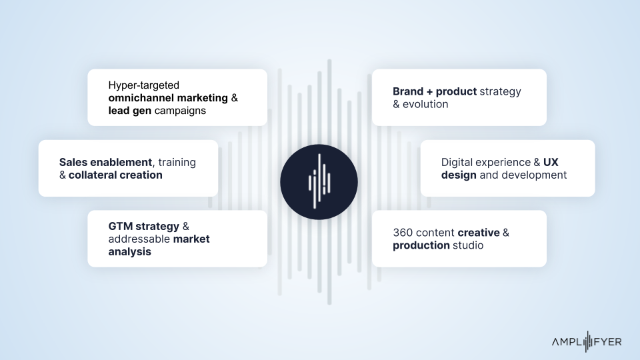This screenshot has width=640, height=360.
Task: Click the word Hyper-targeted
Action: (x=144, y=85)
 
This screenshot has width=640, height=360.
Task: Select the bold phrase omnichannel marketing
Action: (x=168, y=98)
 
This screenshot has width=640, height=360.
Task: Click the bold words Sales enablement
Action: (x=105, y=162)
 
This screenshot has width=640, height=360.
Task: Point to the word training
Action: (x=177, y=163)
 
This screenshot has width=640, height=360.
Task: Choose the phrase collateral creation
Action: (x=115, y=175)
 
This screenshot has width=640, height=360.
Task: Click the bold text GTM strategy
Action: (x=144, y=227)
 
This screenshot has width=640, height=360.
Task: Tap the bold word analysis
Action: (x=130, y=252)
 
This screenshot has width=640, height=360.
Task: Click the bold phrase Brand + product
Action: (x=435, y=91)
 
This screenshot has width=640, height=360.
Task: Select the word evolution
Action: (x=425, y=104)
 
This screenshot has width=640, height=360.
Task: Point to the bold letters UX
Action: (x=551, y=162)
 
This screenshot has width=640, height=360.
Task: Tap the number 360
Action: (x=403, y=233)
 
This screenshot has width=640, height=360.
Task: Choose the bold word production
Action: (x=421, y=245)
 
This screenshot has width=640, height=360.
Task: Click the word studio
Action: (x=468, y=245)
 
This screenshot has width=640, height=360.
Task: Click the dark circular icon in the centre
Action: (x=319, y=182)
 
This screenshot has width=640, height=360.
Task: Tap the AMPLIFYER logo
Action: (x=587, y=341)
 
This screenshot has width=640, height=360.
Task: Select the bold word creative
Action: (x=479, y=233)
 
